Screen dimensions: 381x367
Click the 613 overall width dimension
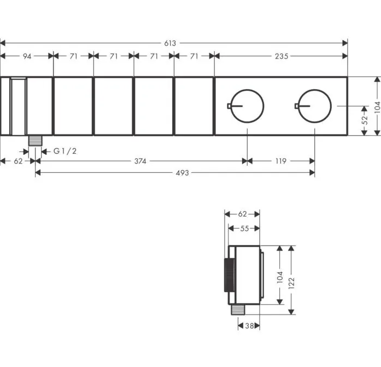170,43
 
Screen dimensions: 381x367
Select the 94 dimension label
27,56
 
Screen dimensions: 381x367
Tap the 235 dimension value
282,56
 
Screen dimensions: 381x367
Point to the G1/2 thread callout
65,151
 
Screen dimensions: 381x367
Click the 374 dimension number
140,161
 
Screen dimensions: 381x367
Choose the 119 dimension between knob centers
281,161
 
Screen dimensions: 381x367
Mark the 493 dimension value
182,173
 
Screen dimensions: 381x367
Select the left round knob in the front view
247,90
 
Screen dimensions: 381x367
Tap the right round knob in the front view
314,90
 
